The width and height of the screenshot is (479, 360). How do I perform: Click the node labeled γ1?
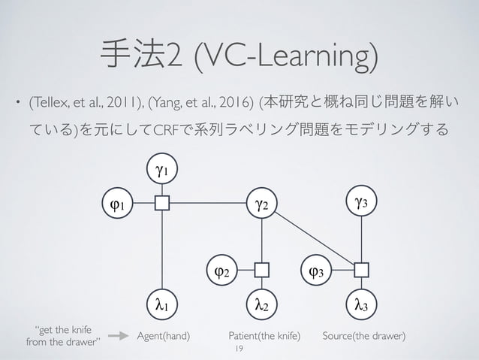(x=162, y=171)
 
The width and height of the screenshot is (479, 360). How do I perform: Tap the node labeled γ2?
(x=261, y=203)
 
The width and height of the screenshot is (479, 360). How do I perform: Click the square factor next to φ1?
(x=162, y=203)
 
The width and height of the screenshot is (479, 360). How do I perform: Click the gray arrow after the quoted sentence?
(x=118, y=337)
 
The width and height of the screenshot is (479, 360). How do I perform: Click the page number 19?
(x=239, y=349)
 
